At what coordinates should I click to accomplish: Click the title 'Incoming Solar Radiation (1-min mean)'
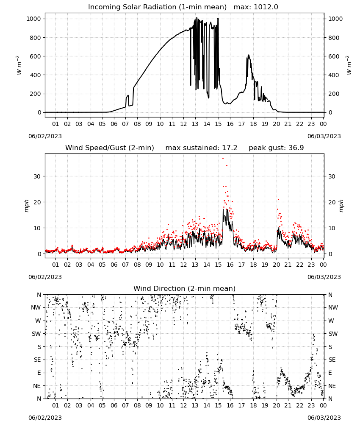tap(157, 7)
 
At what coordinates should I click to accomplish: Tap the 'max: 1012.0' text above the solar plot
tap(256, 7)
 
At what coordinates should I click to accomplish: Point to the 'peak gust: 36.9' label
tap(276, 148)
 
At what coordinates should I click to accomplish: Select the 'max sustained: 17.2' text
tap(201, 148)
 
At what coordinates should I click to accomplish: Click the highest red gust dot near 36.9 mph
tap(223, 159)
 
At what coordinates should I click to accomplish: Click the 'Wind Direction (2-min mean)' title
tap(185, 288)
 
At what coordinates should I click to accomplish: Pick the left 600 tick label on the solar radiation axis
tap(35, 56)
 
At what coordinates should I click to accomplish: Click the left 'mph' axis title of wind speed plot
tap(26, 206)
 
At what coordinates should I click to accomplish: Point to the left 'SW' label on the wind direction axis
tap(36, 334)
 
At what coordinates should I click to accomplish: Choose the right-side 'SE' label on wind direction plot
tap(332, 360)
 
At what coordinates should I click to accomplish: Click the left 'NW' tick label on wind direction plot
tap(36, 308)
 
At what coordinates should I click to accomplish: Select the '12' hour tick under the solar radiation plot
tap(183, 124)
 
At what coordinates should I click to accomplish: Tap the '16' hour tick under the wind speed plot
tap(230, 265)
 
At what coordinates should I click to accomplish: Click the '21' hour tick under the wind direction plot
tap(288, 405)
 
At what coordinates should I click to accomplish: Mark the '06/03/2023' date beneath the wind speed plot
tap(324, 277)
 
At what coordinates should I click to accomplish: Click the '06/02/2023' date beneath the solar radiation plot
tap(45, 136)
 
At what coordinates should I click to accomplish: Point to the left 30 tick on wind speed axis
tap(37, 176)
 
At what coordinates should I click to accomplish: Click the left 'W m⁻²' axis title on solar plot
tap(19, 65)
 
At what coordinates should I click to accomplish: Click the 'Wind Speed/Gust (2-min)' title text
tap(110, 148)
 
